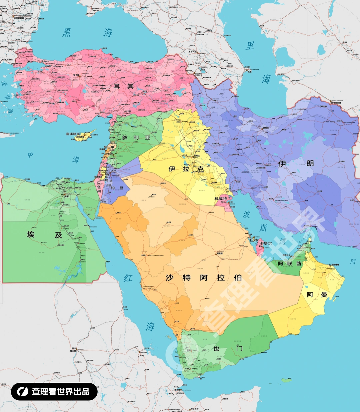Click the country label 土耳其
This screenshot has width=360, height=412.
click(x=117, y=86)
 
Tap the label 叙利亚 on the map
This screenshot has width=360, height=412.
click(x=136, y=138)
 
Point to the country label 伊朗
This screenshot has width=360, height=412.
click(x=296, y=163)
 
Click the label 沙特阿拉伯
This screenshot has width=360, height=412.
click(x=203, y=278)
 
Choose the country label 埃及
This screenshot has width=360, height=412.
click(x=44, y=235)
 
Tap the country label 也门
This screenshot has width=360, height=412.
click(x=228, y=348)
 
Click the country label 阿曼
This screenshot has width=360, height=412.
click(x=317, y=295)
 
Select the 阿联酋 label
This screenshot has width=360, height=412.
click(x=290, y=263)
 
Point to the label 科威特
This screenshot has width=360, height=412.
click(x=221, y=199)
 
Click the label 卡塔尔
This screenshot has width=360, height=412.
click(x=266, y=243)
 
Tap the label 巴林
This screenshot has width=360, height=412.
click(x=254, y=240)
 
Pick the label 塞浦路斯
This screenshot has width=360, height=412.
click(x=73, y=134)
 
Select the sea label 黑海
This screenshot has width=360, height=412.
click(x=87, y=33)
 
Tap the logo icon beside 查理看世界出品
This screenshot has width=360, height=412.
click(x=22, y=392)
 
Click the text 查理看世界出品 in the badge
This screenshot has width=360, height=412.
click(x=61, y=392)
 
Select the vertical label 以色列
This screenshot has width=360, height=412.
click(x=99, y=187)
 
